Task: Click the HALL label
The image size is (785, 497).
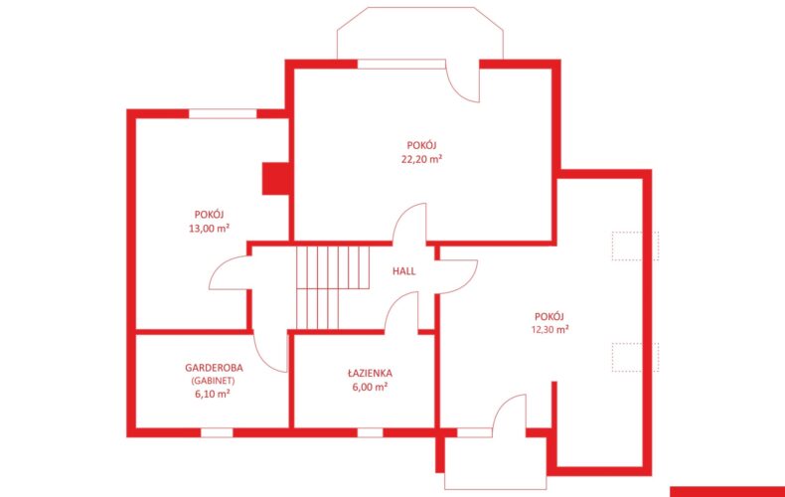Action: (404, 271)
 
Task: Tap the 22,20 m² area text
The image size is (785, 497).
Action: (421, 159)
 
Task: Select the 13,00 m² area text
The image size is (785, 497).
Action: (209, 229)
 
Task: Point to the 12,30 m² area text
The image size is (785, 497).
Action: (549, 330)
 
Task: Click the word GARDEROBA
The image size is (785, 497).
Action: (214, 368)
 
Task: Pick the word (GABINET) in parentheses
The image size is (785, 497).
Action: (213, 381)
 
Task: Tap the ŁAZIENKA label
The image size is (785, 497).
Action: (370, 374)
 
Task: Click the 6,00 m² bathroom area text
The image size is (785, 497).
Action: (370, 387)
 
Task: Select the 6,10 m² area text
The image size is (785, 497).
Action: (213, 394)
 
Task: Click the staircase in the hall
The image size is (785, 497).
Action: (333, 287)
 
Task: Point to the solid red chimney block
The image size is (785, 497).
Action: (275, 178)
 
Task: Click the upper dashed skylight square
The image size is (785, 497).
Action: (635, 246)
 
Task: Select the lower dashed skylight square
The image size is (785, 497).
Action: (635, 357)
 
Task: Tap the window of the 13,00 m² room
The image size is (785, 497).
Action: (223, 113)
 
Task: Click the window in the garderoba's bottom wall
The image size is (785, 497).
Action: (217, 432)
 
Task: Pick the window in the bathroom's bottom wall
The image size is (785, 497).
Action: (370, 432)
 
